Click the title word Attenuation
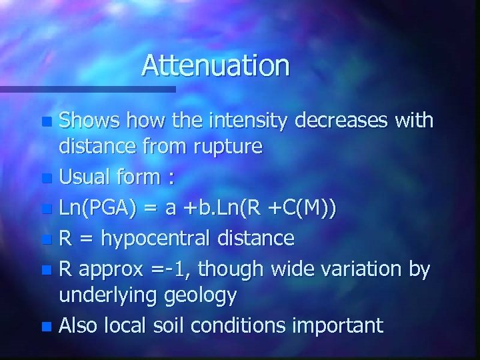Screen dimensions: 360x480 click(x=215, y=65)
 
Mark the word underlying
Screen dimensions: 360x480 click(x=107, y=295)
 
